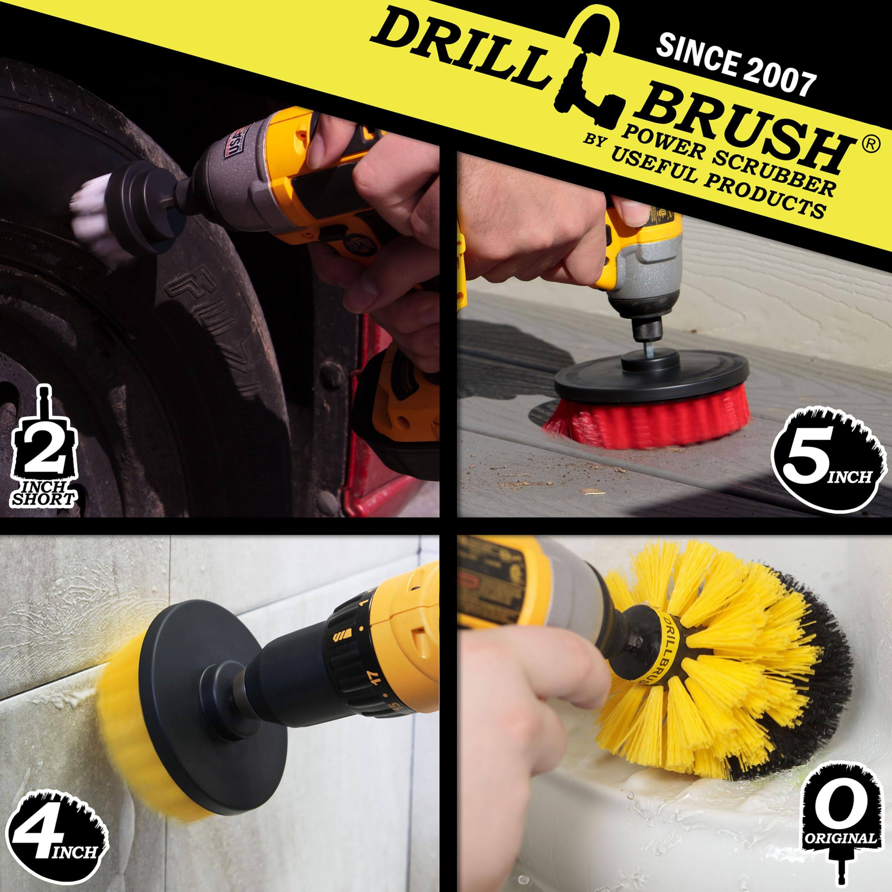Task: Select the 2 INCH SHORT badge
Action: pos(43,457)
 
